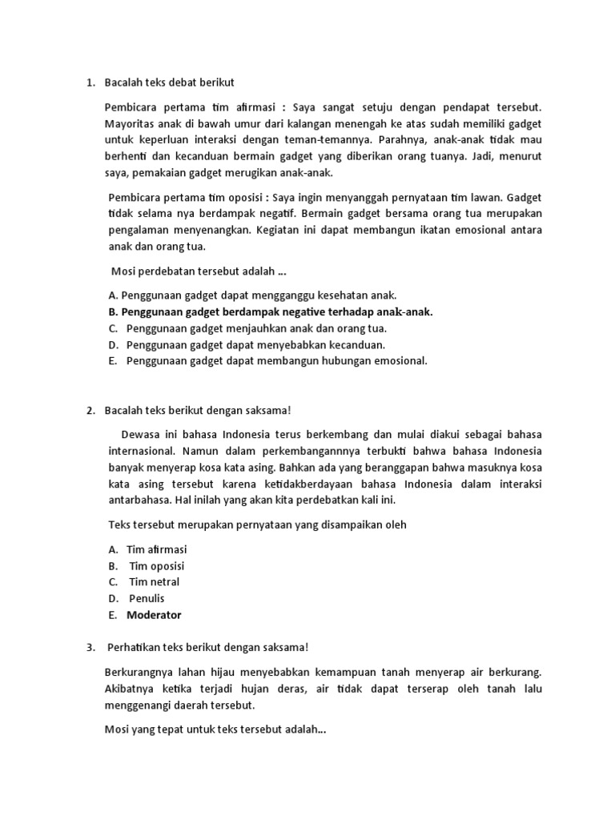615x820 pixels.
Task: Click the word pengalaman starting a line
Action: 143,229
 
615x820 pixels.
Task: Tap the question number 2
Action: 90,410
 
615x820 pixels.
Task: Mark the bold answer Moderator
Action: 154,615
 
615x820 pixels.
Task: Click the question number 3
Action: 90,646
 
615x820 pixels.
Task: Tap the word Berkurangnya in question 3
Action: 142,672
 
